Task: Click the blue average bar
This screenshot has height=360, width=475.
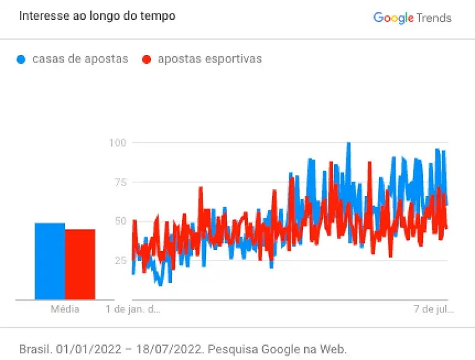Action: click(x=49, y=261)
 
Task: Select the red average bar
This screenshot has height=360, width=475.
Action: click(x=80, y=264)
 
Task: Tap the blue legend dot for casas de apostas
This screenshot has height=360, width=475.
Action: click(x=22, y=60)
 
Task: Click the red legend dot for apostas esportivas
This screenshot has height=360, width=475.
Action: click(x=147, y=60)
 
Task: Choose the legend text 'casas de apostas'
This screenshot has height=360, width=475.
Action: click(x=80, y=59)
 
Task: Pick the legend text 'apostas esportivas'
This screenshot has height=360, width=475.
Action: click(x=210, y=59)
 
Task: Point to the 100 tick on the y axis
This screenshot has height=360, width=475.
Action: click(x=118, y=143)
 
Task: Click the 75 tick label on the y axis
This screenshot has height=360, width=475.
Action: click(x=120, y=182)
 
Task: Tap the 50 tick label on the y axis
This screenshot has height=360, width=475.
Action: click(x=120, y=221)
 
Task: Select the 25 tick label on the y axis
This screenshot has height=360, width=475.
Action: click(x=120, y=260)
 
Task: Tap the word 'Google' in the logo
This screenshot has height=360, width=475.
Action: click(x=393, y=18)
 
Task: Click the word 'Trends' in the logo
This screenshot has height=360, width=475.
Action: click(x=434, y=18)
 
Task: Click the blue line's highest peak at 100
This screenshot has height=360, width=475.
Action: click(x=349, y=144)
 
